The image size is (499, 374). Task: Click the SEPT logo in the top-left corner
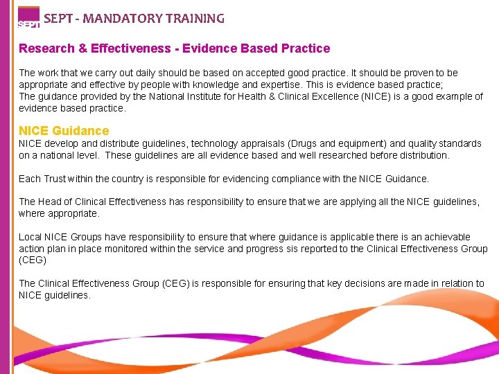(28, 18)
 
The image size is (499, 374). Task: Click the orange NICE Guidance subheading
(64, 131)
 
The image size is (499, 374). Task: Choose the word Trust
(57, 179)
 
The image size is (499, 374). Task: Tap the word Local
(30, 237)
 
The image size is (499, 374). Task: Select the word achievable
(444, 237)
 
